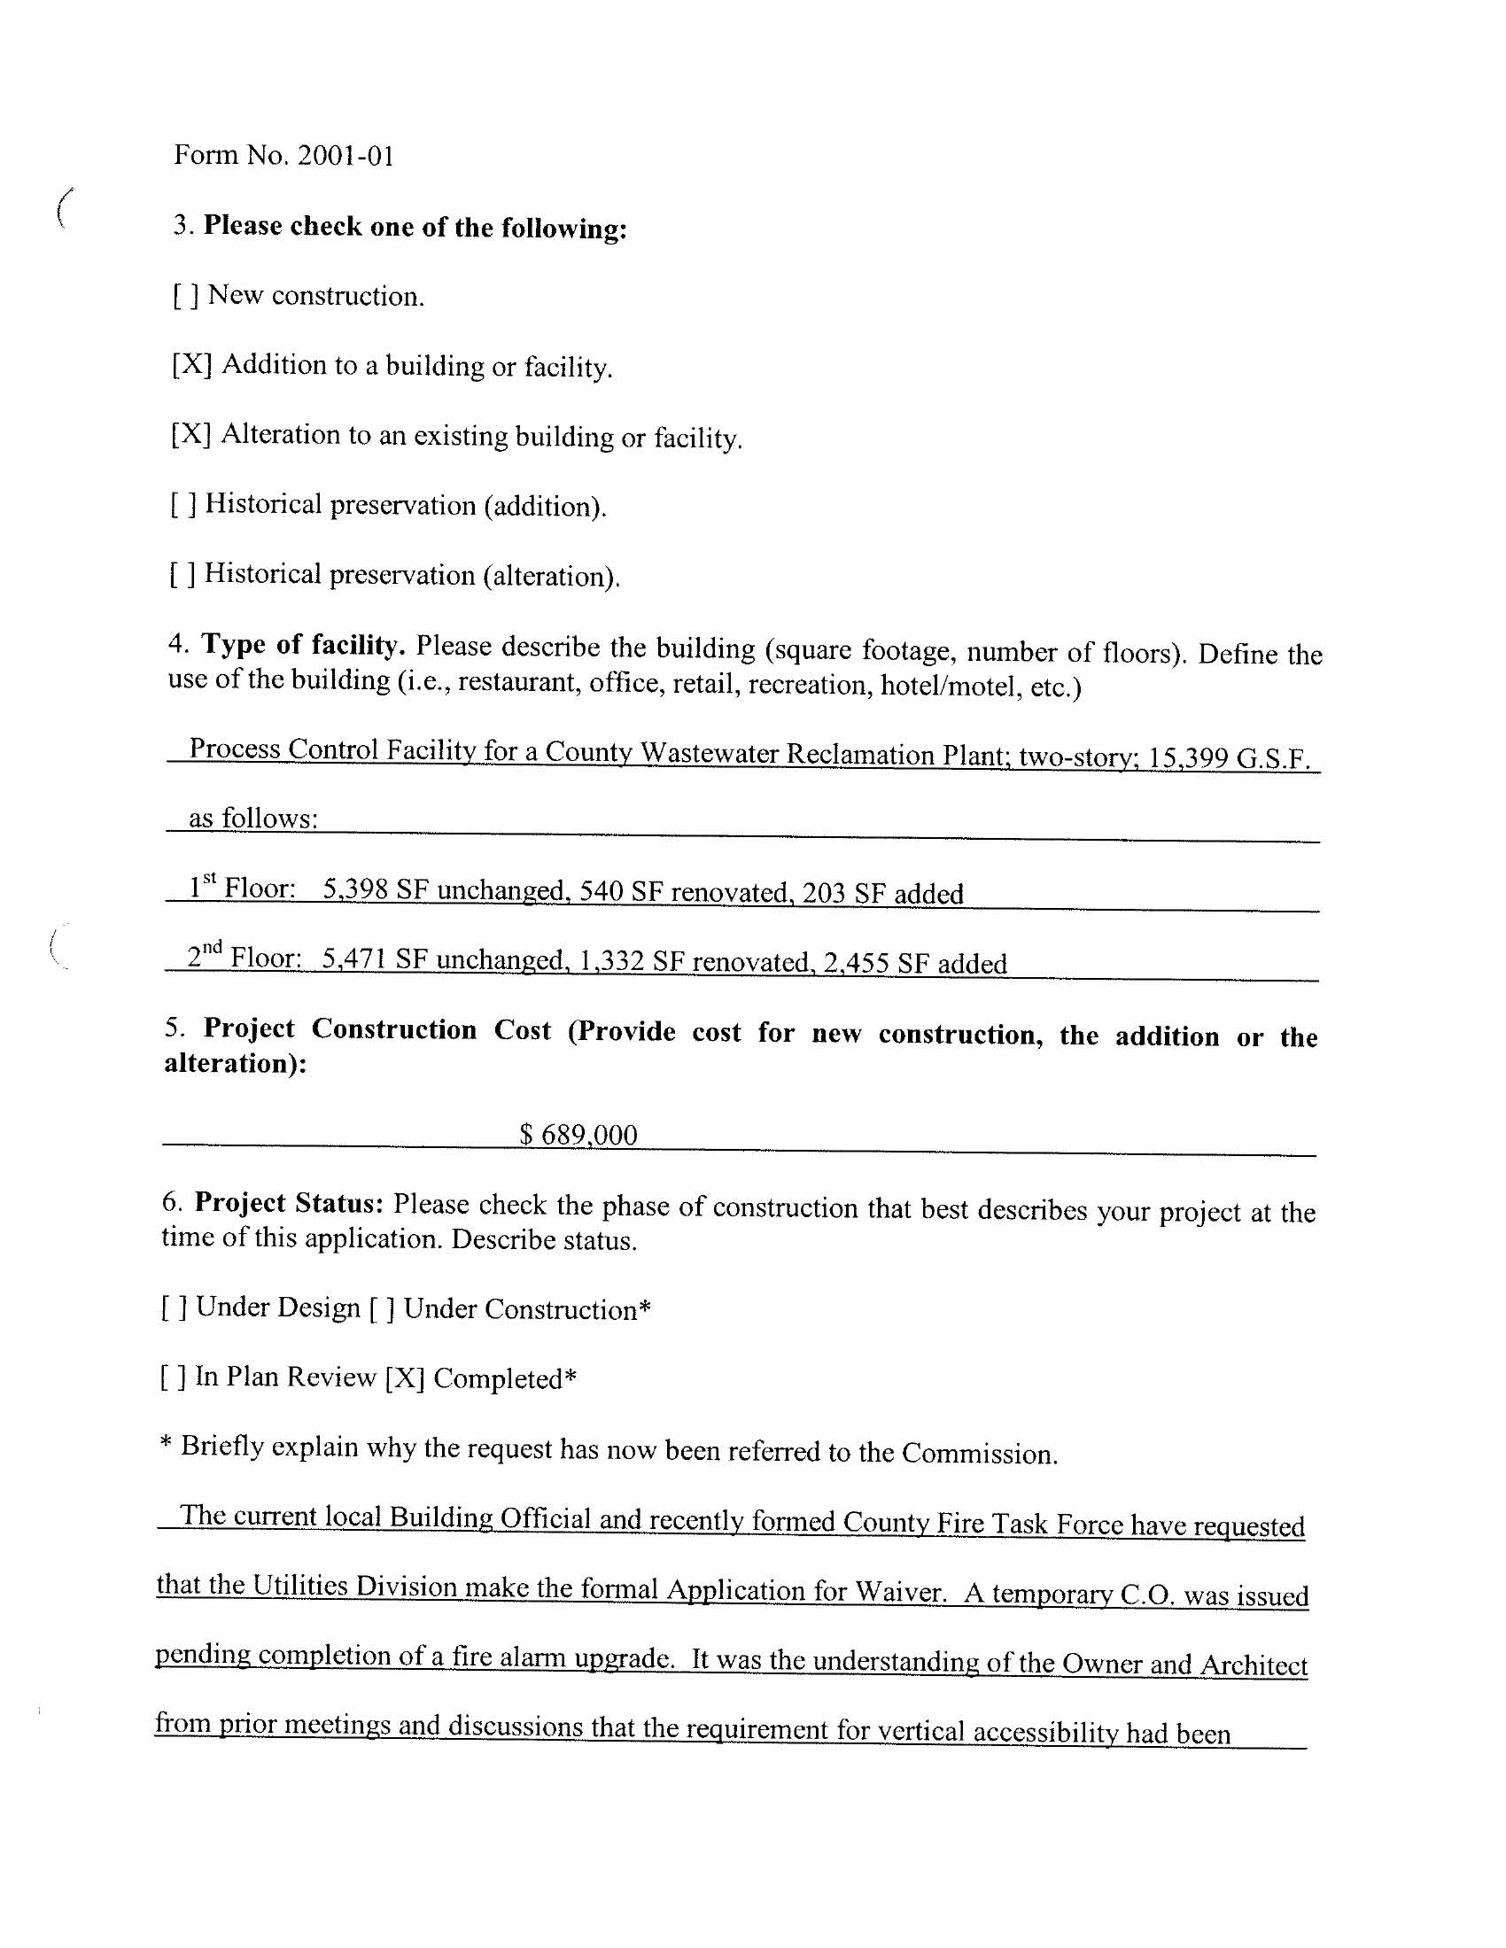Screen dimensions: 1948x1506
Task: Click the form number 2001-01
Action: coord(345,156)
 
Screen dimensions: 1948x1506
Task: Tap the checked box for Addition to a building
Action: coord(191,365)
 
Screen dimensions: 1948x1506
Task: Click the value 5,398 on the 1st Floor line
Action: coord(355,889)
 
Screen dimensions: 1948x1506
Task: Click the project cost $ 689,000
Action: coord(578,1135)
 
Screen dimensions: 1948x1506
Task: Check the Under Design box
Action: coord(174,1308)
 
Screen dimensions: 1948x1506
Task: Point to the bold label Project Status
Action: coord(289,1203)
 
